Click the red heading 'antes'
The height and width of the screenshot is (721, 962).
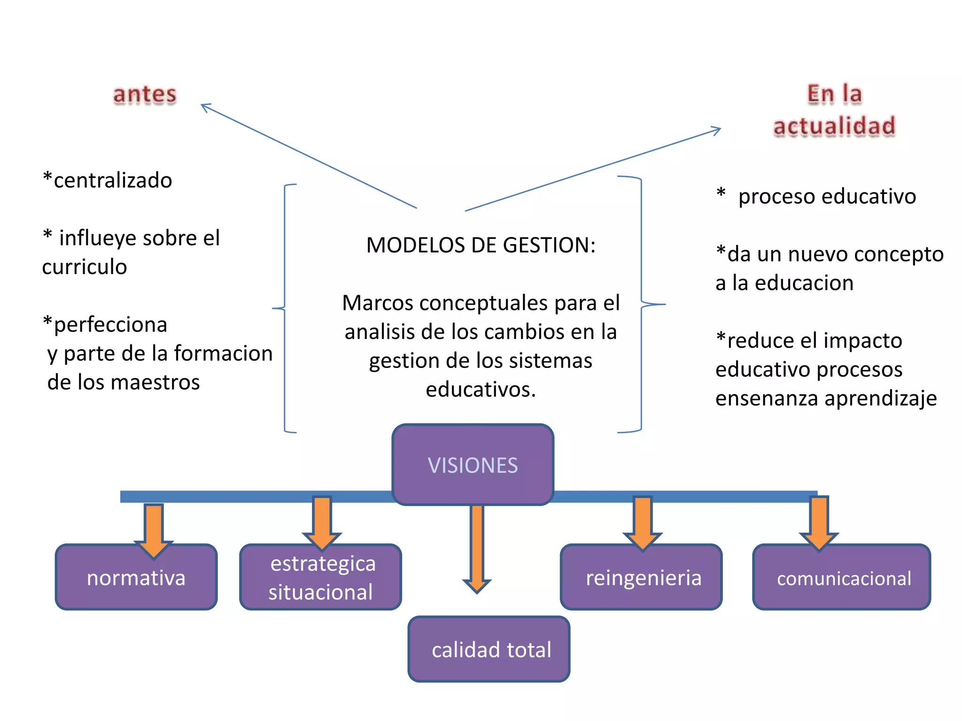click(145, 94)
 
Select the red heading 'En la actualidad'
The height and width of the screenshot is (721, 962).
click(834, 110)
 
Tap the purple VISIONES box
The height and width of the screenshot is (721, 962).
click(473, 465)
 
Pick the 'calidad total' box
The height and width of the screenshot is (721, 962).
click(489, 650)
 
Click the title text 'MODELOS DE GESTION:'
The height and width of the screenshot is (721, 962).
click(481, 245)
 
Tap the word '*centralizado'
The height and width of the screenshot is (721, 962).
click(108, 181)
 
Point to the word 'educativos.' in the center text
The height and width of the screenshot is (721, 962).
click(481, 390)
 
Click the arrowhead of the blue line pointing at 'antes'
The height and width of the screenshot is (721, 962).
click(205, 107)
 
